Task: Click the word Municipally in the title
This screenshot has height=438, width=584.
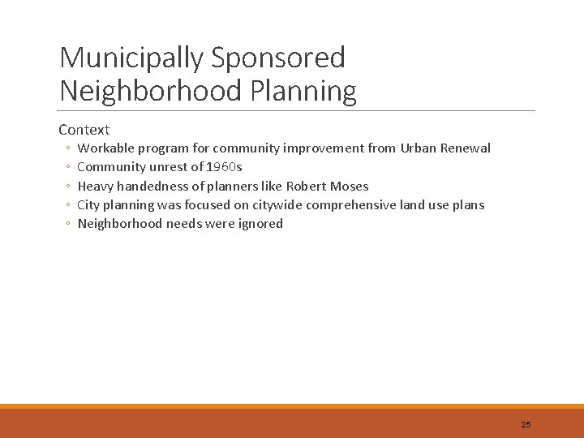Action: pos(131,58)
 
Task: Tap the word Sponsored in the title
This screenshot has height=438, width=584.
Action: pos(278,58)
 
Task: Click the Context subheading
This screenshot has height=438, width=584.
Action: pos(84,130)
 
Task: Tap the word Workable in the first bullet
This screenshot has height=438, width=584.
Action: pos(105,148)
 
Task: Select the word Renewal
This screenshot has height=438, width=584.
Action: pos(466,148)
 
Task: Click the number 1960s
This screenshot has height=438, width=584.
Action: pos(225,167)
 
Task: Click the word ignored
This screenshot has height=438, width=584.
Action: pos(260,224)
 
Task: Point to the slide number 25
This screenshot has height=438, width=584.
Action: pos(526,424)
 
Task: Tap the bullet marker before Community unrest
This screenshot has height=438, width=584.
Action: pos(69,168)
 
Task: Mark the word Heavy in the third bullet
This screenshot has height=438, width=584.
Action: pos(95,186)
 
